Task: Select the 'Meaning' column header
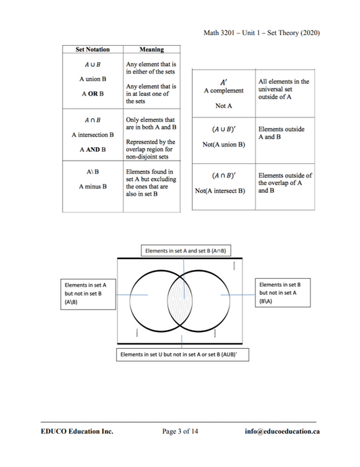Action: [151, 49]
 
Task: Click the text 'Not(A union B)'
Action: [224, 144]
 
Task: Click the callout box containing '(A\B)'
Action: [87, 294]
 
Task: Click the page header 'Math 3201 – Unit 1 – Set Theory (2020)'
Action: [261, 33]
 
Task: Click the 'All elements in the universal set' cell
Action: [284, 89]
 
